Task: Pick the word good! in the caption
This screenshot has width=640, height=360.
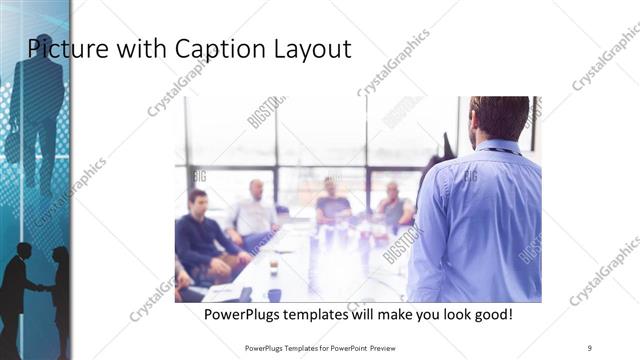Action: [491, 314]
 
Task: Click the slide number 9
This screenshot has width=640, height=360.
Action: [590, 348]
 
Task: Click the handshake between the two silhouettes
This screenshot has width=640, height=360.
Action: [39, 288]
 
